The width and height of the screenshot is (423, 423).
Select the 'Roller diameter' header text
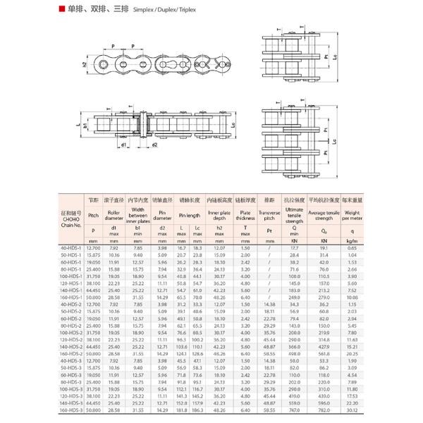(x=114, y=214)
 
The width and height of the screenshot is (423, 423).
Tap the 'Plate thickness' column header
(x=245, y=214)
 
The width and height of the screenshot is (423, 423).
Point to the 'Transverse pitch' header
(x=269, y=214)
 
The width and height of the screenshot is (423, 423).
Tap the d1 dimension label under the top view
(x=124, y=145)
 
